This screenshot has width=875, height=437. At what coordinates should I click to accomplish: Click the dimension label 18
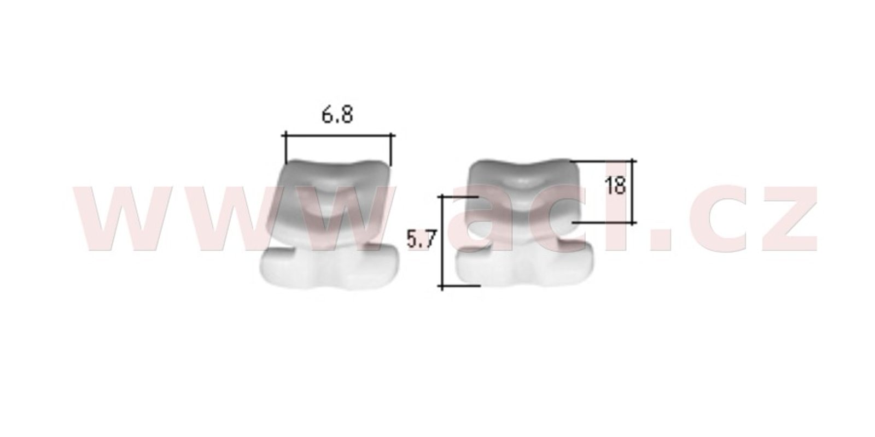(615, 185)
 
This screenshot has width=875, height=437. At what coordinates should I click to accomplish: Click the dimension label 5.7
(421, 239)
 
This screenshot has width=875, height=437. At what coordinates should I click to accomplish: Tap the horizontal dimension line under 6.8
(339, 136)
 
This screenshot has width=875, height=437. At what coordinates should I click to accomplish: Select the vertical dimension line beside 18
(632, 192)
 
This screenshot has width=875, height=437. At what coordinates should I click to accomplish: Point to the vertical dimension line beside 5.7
(442, 241)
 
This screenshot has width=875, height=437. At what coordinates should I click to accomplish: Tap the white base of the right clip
(525, 265)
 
